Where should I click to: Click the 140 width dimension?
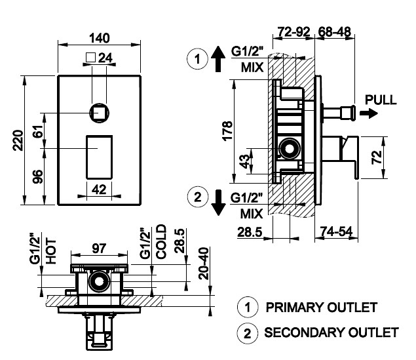pos(100,37)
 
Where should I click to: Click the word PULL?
pos(381,100)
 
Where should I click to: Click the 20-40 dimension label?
pos(203,263)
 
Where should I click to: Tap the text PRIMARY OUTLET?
pos(321,307)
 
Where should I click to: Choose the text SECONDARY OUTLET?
pos(331,332)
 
